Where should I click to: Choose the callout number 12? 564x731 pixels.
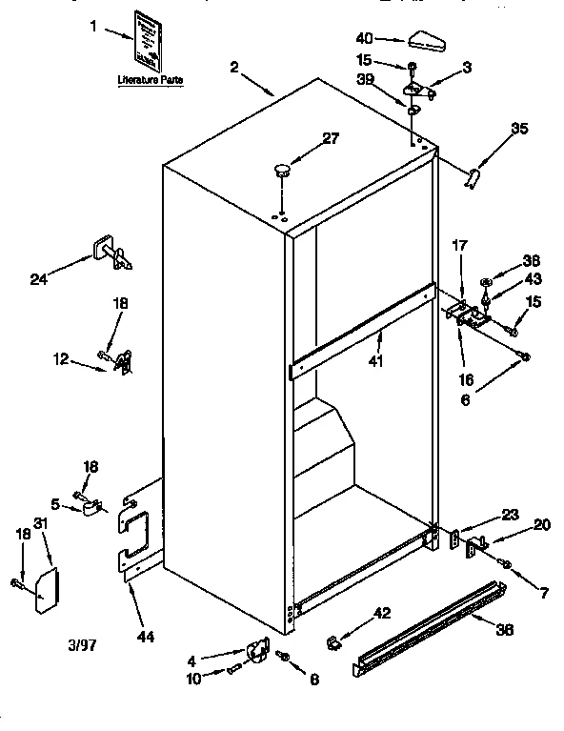[60, 358]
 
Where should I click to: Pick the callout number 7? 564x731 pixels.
[543, 594]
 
